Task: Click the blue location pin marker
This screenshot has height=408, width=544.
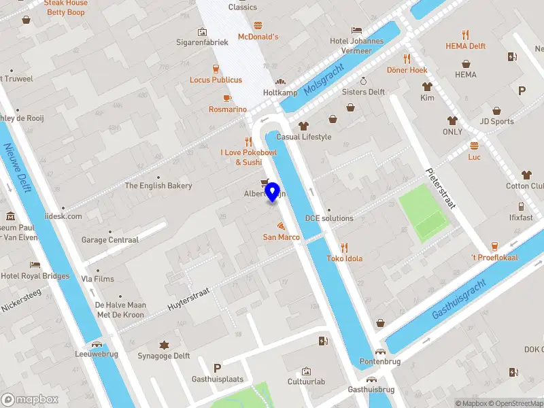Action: [x=273, y=192]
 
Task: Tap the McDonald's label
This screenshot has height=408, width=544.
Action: [x=258, y=36]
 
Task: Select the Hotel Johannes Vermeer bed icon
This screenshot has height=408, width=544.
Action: [x=356, y=30]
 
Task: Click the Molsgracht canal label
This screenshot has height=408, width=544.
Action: [x=324, y=79]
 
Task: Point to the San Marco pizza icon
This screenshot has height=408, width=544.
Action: [x=281, y=225]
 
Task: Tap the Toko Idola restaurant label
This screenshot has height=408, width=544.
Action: [x=344, y=258]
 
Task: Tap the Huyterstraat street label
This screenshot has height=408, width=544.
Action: [x=188, y=300]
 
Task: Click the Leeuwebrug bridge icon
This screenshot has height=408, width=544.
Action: [x=97, y=344]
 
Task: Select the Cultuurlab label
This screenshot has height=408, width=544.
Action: [x=306, y=381]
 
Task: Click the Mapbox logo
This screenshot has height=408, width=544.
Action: [x=30, y=400]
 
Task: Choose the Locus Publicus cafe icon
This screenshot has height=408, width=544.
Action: [x=216, y=69]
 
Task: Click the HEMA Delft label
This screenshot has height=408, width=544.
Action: [x=465, y=46]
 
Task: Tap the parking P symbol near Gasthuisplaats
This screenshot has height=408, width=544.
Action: [x=218, y=367]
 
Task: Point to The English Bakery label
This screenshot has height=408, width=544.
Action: [x=158, y=186]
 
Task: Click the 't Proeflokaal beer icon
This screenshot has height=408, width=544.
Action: [x=494, y=246]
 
